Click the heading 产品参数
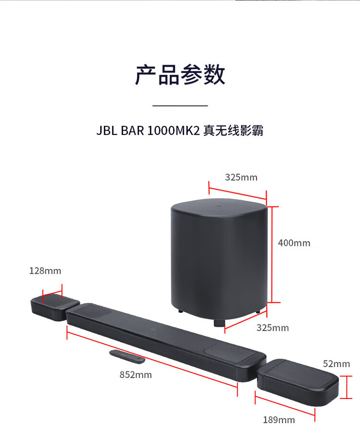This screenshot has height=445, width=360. [x=180, y=74]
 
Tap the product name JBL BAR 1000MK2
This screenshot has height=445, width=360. [x=148, y=131]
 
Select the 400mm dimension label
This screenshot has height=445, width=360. [x=294, y=243]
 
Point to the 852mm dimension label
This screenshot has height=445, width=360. [x=136, y=374]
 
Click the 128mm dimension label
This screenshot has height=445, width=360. [x=45, y=271]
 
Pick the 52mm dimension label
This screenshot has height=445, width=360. [x=336, y=364]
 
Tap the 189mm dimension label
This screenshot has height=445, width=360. [x=279, y=420]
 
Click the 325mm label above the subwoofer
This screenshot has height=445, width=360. [x=241, y=177]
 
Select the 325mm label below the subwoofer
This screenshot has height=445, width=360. [x=273, y=328]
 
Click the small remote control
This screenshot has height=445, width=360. [x=127, y=357]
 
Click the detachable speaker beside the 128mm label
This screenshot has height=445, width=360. [x=54, y=307]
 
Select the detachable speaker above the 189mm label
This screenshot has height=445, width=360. [x=298, y=382]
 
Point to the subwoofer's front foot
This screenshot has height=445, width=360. [x=219, y=323]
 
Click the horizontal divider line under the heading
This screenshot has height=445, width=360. [x=180, y=106]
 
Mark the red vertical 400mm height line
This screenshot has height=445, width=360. [x=272, y=254]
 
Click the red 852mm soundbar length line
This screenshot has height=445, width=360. [x=152, y=360]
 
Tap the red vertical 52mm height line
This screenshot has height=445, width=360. [x=347, y=387]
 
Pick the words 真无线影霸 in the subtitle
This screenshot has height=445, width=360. [x=233, y=131]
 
